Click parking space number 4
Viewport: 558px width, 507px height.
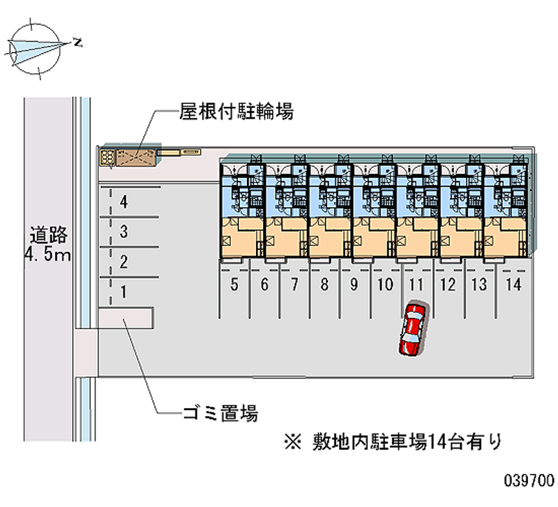[x=123, y=203]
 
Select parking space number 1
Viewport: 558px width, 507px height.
[x=123, y=292]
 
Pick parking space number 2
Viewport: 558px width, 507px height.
[x=123, y=262]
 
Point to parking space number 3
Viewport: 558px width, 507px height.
[x=123, y=232]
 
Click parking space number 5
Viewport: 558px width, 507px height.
[x=234, y=285]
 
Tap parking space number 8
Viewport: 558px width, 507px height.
[x=325, y=285]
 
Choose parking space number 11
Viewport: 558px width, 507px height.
[x=416, y=285]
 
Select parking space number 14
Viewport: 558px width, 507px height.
[x=513, y=285]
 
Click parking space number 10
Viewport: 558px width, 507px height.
[x=385, y=285]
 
